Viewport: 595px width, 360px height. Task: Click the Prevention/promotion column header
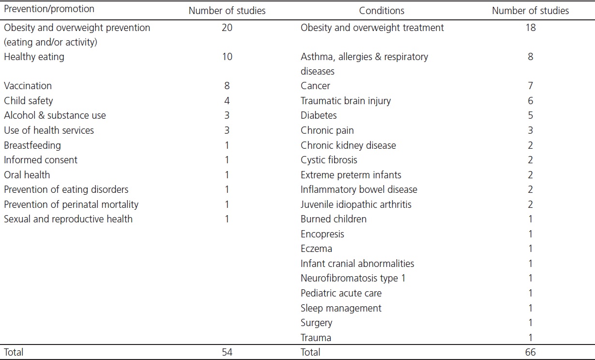click(49, 9)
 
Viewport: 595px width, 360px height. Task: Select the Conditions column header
click(381, 10)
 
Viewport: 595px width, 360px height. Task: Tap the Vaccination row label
click(28, 86)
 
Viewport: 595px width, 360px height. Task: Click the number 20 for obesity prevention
click(227, 28)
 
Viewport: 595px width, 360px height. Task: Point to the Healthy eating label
click(34, 57)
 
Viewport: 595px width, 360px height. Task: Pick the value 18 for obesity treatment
click(531, 28)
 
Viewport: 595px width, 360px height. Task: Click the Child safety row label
click(28, 101)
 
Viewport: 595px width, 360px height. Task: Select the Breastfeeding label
click(32, 145)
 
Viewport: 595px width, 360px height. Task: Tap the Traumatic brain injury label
click(346, 101)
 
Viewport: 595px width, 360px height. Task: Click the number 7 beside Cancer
click(531, 86)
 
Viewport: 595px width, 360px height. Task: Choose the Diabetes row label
click(319, 115)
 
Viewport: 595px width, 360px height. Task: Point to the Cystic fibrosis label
click(329, 160)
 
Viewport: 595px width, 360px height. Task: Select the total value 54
click(227, 352)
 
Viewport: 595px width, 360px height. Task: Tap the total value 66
click(531, 352)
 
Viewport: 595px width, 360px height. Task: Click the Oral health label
click(27, 175)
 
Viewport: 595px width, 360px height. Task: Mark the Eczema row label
click(317, 249)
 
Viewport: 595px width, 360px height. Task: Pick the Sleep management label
click(341, 308)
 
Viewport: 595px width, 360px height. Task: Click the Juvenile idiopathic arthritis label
click(356, 204)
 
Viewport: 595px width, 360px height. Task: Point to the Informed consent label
click(41, 160)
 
